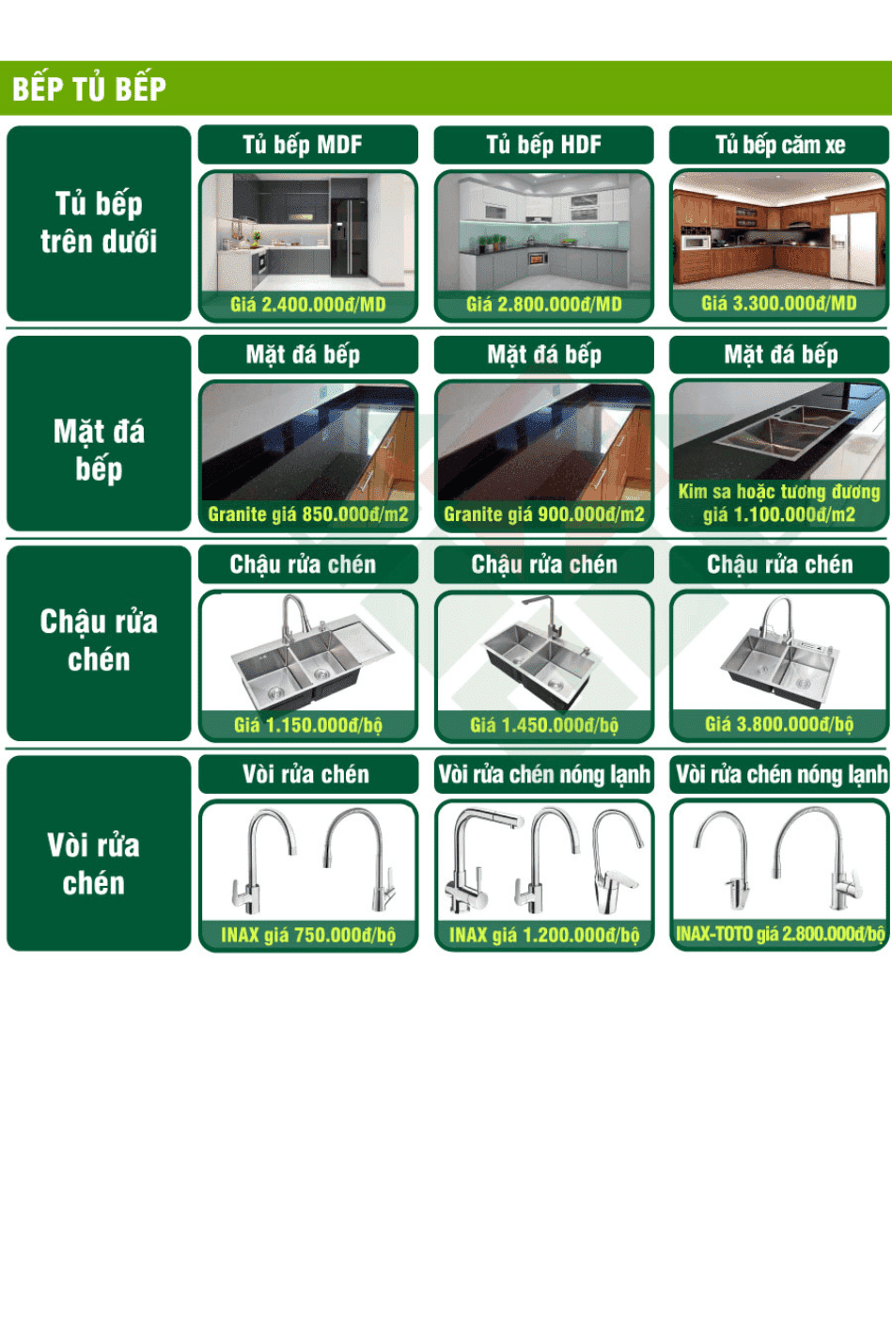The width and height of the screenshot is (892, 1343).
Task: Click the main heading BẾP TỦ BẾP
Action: (x=89, y=88)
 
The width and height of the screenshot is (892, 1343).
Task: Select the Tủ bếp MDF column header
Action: (x=303, y=145)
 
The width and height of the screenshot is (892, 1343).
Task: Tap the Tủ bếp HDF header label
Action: (x=544, y=145)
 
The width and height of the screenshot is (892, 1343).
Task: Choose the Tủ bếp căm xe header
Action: (x=780, y=145)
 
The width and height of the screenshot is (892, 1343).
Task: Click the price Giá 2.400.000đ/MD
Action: (x=308, y=305)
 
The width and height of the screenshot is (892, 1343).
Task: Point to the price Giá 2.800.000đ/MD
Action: (x=544, y=305)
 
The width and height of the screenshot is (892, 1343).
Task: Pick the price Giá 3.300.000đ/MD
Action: (x=779, y=304)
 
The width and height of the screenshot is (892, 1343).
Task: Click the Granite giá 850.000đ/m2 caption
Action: (x=308, y=514)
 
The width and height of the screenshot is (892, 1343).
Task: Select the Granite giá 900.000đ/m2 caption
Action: (x=544, y=514)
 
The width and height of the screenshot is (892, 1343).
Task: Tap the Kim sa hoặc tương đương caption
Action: (x=779, y=492)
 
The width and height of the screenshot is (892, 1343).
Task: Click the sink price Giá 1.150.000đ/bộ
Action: (x=308, y=725)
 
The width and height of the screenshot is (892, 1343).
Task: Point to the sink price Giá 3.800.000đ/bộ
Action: (x=779, y=724)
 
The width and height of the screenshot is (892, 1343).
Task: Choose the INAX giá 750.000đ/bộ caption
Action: (x=308, y=935)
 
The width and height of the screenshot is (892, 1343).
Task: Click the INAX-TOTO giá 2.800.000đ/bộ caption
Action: (x=780, y=934)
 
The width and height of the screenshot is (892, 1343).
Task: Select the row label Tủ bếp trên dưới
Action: (x=99, y=223)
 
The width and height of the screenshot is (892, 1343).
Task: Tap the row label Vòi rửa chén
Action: (x=93, y=864)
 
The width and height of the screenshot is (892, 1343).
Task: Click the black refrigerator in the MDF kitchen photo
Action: (x=349, y=237)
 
